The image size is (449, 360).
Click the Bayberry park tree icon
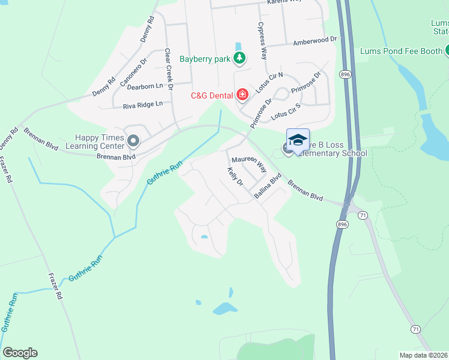coord(240,58)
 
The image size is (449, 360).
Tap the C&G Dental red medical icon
coord(243,94)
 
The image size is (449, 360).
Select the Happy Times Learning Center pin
coord(133,142)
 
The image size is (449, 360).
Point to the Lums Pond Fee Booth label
coord(400,51)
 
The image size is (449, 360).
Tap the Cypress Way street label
coord(262,41)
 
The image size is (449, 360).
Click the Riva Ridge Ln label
coord(143,104)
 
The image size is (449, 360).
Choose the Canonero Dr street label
coord(134,71)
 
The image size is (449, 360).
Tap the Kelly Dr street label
coord(234,176)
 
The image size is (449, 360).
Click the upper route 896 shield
coord(345,74)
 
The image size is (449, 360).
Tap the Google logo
coord(20,353)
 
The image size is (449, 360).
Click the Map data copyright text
coord(424,355)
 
